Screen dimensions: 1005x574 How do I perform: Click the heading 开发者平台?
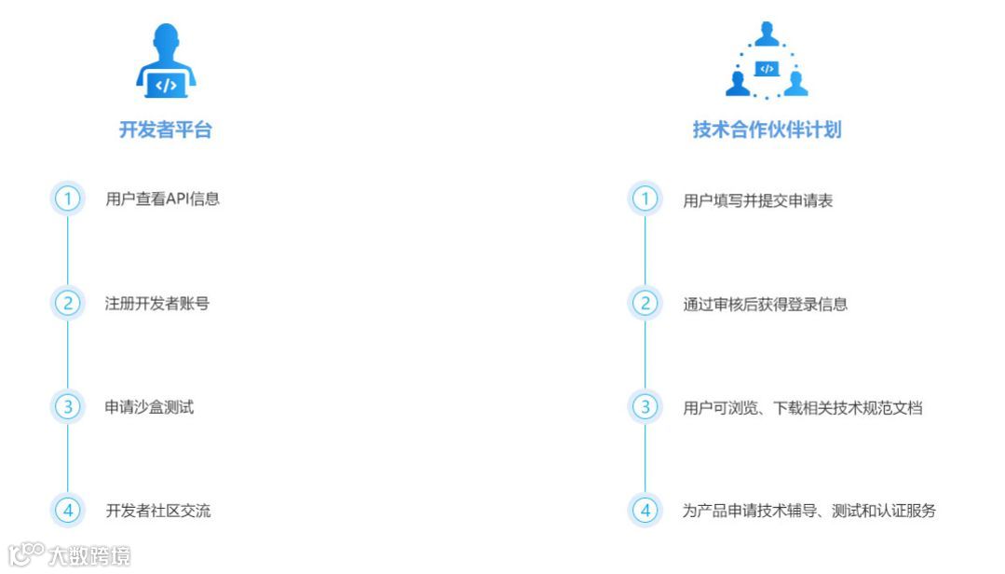(166, 130)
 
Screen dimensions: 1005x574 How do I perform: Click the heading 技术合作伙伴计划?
(767, 130)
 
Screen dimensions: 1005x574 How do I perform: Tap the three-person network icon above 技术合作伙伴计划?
(767, 61)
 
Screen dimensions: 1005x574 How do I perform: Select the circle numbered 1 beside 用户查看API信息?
(67, 198)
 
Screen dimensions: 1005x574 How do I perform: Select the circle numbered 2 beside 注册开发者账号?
(67, 303)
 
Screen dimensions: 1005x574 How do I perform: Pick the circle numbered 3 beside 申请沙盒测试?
(67, 406)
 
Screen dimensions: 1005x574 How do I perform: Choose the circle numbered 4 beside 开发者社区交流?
(67, 510)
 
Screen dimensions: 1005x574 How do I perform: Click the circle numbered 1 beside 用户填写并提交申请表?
(645, 198)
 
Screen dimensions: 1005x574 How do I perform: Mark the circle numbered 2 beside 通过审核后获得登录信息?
(645, 303)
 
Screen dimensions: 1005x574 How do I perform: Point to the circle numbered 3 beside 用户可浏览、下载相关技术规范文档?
(645, 406)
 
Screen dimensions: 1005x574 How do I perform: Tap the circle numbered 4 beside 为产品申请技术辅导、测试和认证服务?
(645, 510)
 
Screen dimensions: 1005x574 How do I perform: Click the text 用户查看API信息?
(163, 198)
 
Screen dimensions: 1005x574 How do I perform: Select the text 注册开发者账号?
(156, 303)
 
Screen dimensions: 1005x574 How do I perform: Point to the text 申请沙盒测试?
(149, 407)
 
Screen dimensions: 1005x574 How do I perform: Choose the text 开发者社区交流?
(158, 510)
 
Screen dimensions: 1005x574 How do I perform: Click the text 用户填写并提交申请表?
(757, 200)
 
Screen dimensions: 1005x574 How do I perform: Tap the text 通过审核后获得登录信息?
(765, 304)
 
